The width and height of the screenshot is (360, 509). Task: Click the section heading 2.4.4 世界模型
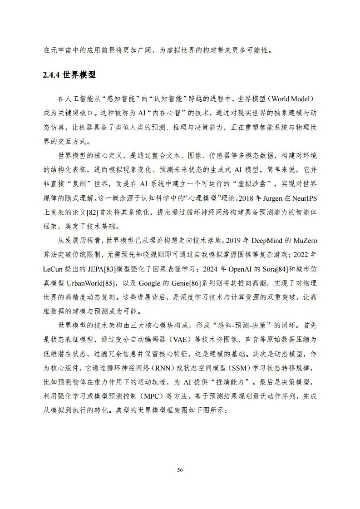pyautogui.click(x=69, y=75)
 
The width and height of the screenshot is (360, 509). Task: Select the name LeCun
pyautogui.click(x=55, y=268)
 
